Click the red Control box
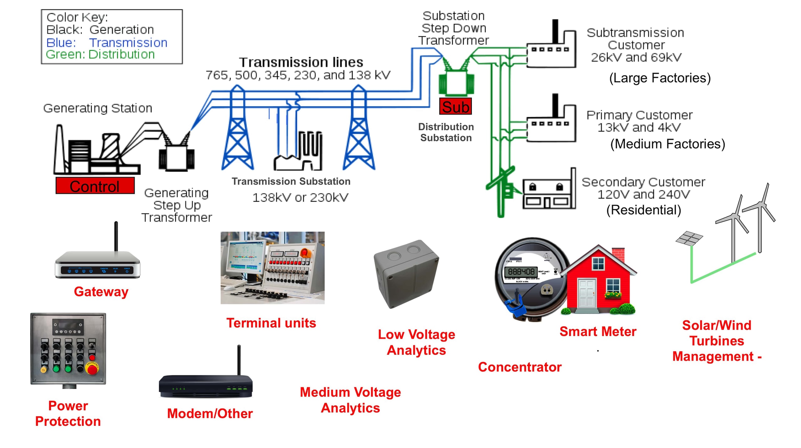(x=95, y=186)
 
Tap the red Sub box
(x=455, y=107)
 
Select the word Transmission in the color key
(x=128, y=43)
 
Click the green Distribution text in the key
(x=121, y=54)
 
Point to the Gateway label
(x=101, y=291)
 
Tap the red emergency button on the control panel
(x=92, y=369)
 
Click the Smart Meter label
(x=598, y=331)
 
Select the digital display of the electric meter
(x=521, y=271)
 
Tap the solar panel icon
(x=689, y=238)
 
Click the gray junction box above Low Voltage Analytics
(x=406, y=274)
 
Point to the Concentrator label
(x=520, y=367)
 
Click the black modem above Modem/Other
(x=206, y=386)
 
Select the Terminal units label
(x=271, y=323)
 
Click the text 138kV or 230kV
(x=300, y=198)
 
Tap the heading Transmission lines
(x=301, y=62)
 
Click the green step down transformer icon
(x=456, y=83)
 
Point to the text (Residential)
(x=644, y=210)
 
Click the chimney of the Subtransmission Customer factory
(x=555, y=31)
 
